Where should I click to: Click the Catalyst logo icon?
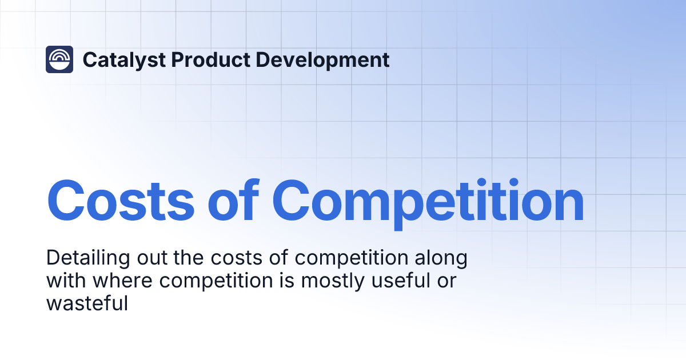(x=59, y=59)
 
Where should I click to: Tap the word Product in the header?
(x=192, y=60)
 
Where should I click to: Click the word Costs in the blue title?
(x=119, y=201)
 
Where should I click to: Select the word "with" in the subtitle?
(x=64, y=281)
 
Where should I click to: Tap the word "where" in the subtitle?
(x=117, y=281)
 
